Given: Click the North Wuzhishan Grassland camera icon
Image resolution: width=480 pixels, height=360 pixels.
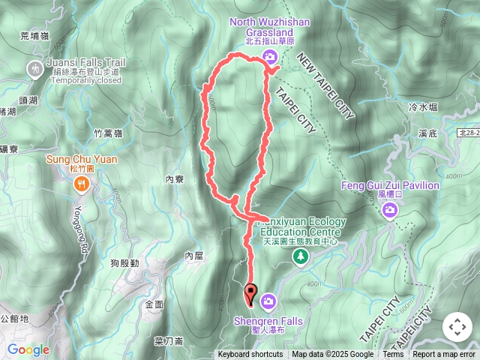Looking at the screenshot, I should pyautogui.click(x=271, y=58).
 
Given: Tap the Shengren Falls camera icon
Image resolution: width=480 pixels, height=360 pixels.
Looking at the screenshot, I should pyautogui.click(x=268, y=301).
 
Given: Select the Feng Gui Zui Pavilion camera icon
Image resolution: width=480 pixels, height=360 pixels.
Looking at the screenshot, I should pyautogui.click(x=390, y=211).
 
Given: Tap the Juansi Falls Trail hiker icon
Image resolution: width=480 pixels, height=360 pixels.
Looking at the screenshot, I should pyautogui.click(x=34, y=70).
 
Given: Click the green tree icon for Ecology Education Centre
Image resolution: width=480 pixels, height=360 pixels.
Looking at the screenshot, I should pyautogui.click(x=301, y=257).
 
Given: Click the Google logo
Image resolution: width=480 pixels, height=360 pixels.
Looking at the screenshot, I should pyautogui.click(x=28, y=349).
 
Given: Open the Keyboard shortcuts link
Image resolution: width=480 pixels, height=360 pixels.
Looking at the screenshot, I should pyautogui.click(x=250, y=355).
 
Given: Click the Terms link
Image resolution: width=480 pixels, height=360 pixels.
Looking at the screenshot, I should pyautogui.click(x=393, y=355).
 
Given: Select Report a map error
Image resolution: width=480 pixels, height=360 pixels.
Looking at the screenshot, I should pyautogui.click(x=445, y=355).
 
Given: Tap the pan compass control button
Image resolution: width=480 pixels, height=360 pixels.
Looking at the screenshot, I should pyautogui.click(x=457, y=327).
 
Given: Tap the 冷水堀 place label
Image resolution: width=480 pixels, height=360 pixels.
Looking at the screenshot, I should pyautogui.click(x=424, y=108).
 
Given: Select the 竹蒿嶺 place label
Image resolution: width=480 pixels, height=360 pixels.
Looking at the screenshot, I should pyautogui.click(x=108, y=133).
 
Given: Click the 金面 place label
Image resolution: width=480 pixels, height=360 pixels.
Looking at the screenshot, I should pyautogui.click(x=154, y=305).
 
